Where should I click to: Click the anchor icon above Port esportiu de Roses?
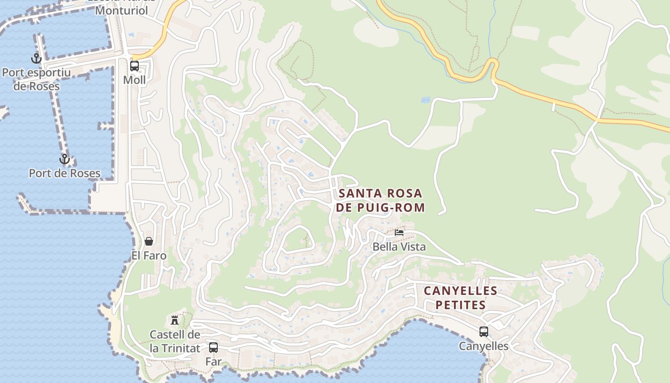coord(36,58)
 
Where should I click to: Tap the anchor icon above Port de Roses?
coord(64,159)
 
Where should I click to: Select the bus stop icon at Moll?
coord(134,66)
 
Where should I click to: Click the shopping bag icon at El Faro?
coord(149,241)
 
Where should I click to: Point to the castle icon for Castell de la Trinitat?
coord(175,320)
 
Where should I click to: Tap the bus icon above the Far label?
coord(213,347)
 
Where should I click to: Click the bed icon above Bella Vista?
coord(399,233)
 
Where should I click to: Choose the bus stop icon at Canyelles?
coord(484,331)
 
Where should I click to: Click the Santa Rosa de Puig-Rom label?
coord(381,200)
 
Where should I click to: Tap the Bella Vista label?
coord(399,247)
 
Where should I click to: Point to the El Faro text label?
coord(149,256)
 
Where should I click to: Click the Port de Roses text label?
coord(65,173)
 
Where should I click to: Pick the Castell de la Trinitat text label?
coord(175,341)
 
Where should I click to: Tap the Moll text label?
coord(134,80)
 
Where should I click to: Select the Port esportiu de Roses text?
coord(36,79)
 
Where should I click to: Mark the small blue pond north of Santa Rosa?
coord(425,100)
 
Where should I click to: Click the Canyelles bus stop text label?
coord(483,346)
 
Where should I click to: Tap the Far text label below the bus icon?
coord(213,361)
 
